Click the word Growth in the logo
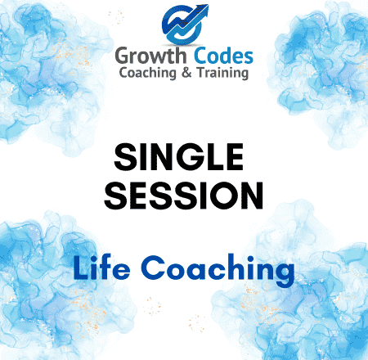coord(150,56)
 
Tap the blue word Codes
coord(223,56)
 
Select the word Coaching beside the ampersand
coord(148,74)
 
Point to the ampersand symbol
coord(186,73)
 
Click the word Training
coord(222,74)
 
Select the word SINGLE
coord(179,157)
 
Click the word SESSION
coord(184,196)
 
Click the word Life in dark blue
coord(101,268)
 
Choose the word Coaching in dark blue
coord(218,270)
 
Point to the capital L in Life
coord(81,268)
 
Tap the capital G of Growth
coord(124,56)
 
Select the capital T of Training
coord(202,73)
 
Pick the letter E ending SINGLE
coord(236,157)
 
